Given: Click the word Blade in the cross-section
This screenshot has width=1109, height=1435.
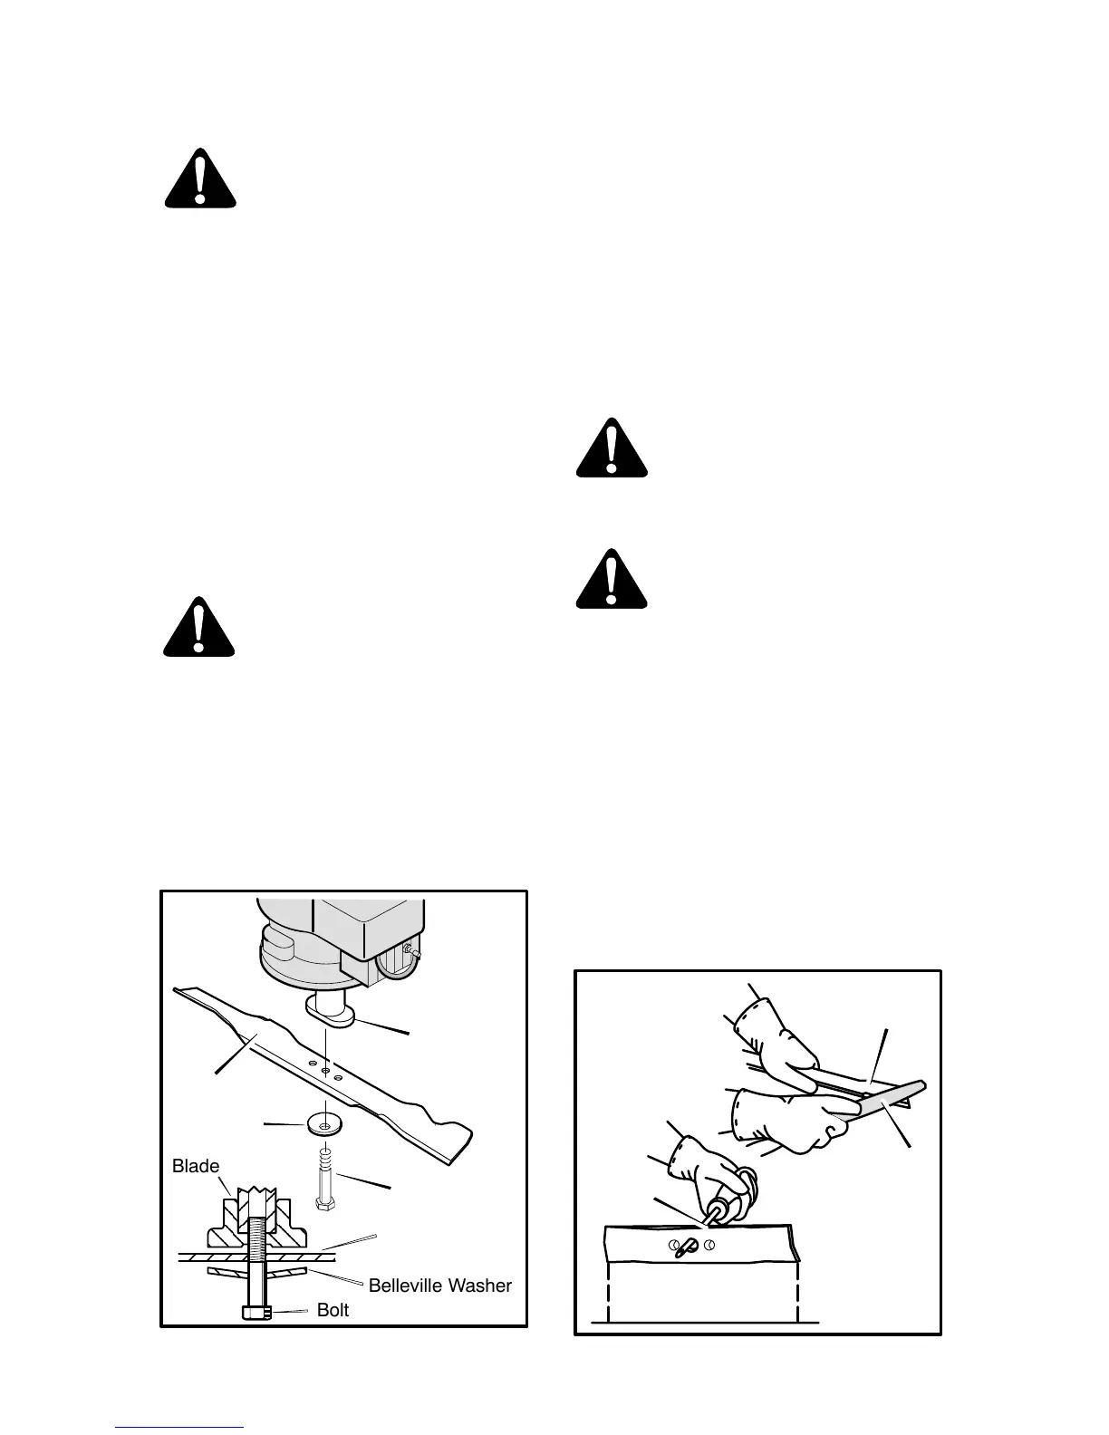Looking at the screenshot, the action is (x=196, y=1166).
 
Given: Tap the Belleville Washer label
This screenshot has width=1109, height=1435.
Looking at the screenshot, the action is (x=439, y=1285).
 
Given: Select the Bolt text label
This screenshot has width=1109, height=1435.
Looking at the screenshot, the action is (x=333, y=1310).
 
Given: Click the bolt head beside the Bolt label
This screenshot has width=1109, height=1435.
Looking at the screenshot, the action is (x=256, y=1310).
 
